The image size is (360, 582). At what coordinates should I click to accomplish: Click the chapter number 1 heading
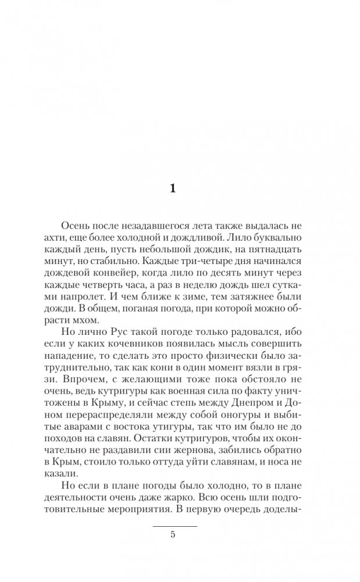(x=173, y=188)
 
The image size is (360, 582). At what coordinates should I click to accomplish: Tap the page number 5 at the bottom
(x=173, y=535)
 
